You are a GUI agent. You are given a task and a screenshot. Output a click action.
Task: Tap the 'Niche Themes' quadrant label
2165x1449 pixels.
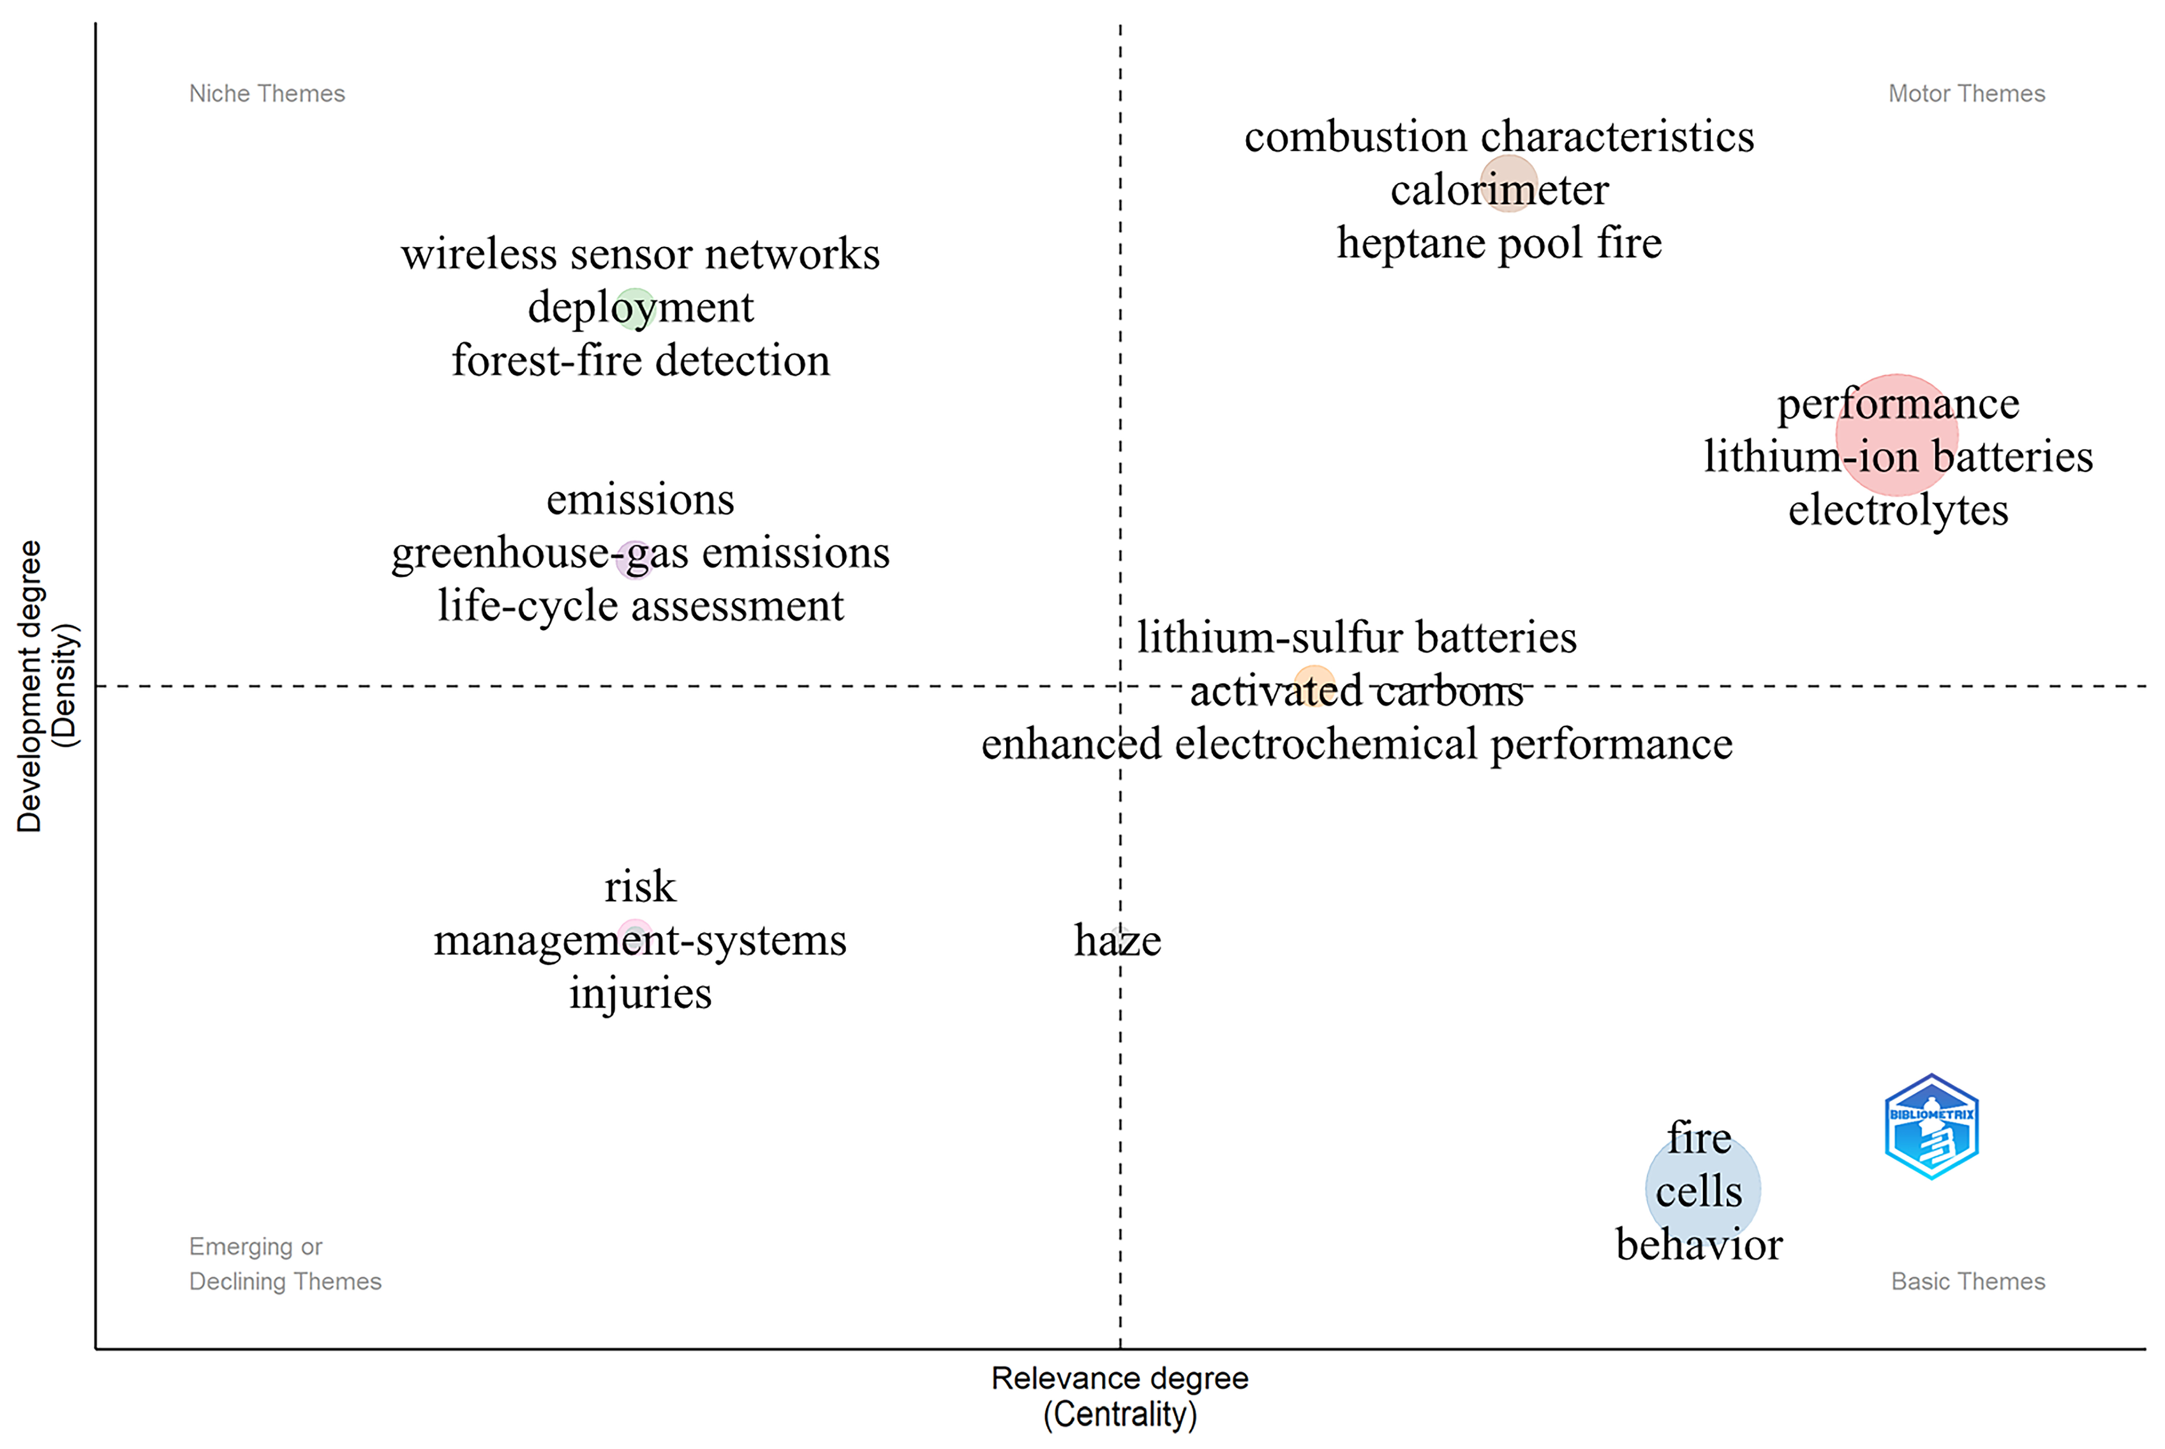click(x=267, y=93)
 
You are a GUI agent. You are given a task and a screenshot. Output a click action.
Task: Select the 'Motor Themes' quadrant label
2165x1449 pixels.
click(x=1967, y=93)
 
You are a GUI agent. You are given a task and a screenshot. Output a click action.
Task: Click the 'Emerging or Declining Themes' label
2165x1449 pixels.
click(x=285, y=1263)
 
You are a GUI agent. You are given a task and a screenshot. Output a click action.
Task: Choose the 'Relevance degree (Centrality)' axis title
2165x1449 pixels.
click(x=1119, y=1395)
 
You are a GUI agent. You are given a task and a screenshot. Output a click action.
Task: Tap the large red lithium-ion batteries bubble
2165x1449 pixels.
click(x=1896, y=434)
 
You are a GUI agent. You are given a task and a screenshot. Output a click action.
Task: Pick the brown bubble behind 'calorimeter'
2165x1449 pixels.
click(x=1508, y=183)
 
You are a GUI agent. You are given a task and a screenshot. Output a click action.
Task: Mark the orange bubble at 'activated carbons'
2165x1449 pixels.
click(x=1313, y=686)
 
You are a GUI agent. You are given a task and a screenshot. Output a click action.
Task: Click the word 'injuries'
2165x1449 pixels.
click(x=640, y=993)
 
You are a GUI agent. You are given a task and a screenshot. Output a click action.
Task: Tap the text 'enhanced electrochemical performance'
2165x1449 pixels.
click(x=1356, y=744)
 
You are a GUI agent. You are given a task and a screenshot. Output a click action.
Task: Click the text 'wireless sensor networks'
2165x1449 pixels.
click(x=640, y=254)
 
